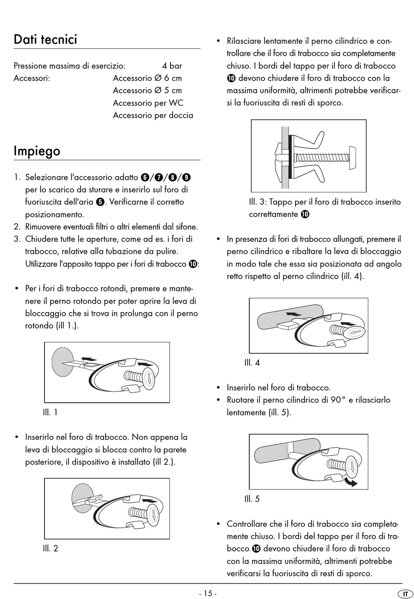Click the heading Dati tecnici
[x=45, y=40]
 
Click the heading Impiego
[x=37, y=151]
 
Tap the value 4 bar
[x=172, y=66]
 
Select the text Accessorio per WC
[x=148, y=103]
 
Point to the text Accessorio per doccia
[x=153, y=115]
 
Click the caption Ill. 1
[x=50, y=412]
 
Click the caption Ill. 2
[x=50, y=548]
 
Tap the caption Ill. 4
[x=252, y=363]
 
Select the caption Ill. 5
[x=252, y=499]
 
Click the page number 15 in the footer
[x=207, y=593]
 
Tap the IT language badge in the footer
[x=405, y=594]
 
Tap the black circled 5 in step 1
[x=100, y=202]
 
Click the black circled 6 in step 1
[x=145, y=178]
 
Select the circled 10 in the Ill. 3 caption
[x=305, y=214]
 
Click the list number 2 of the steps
[x=17, y=227]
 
